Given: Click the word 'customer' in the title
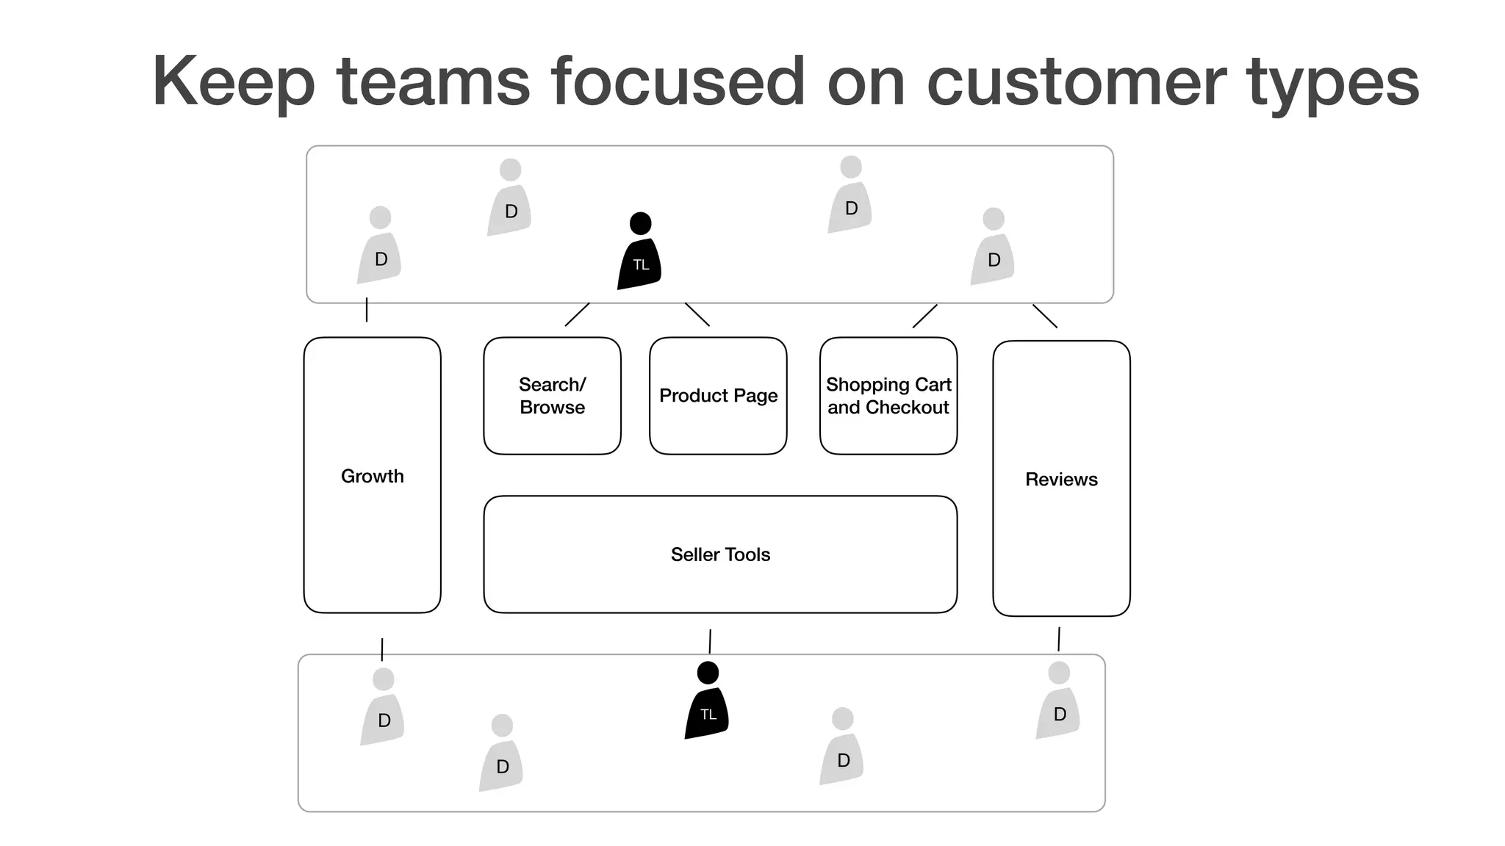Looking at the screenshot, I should [x=1077, y=82].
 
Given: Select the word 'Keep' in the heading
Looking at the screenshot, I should [x=234, y=82].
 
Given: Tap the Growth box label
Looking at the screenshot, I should [x=372, y=476].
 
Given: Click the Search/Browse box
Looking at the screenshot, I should [x=552, y=396].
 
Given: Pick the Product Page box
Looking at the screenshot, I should [x=718, y=396].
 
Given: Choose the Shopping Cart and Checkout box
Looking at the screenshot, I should [x=888, y=396].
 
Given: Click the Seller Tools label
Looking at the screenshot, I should [x=720, y=554].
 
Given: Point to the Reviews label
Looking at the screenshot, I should [x=1061, y=480].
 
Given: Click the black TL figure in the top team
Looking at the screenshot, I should [x=639, y=253].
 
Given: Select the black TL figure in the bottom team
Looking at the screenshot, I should [x=707, y=703].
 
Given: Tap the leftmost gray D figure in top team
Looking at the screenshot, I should [x=379, y=247].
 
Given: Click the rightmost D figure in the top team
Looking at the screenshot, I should [x=993, y=249].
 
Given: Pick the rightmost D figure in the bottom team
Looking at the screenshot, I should [x=1058, y=703].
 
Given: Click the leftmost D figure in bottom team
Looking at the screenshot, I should [x=383, y=709].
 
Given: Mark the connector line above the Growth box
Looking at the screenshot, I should [x=367, y=310].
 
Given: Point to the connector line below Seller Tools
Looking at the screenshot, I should [x=710, y=641].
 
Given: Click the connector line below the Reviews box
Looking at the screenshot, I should [x=1059, y=639].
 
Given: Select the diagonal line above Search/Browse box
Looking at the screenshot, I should [x=577, y=314].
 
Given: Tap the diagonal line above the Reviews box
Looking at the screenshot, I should [x=1045, y=316].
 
